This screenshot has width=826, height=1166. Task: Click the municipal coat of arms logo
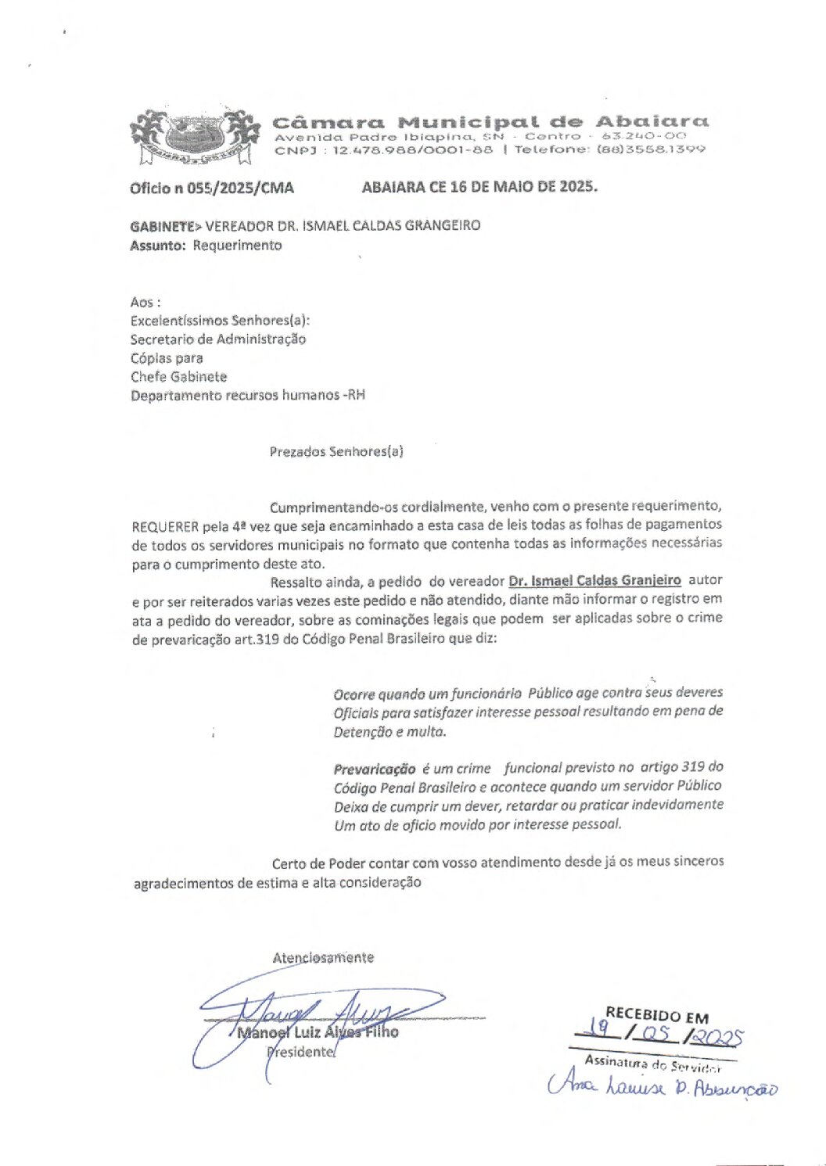click(195, 136)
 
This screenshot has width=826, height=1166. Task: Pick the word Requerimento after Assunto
click(237, 246)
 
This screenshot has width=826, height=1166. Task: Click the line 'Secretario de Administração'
click(217, 339)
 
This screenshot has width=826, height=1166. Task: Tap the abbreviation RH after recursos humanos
click(356, 396)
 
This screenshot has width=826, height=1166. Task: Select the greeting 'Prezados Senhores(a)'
click(336, 452)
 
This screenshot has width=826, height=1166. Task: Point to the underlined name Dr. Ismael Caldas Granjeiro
click(594, 581)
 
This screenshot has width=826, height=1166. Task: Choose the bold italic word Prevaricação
click(374, 769)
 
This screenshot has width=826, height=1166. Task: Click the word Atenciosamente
click(323, 958)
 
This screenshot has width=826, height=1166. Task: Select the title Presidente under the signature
click(301, 1053)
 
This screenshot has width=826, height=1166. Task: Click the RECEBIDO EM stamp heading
click(656, 1015)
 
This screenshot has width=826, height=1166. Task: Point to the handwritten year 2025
click(717, 1038)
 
